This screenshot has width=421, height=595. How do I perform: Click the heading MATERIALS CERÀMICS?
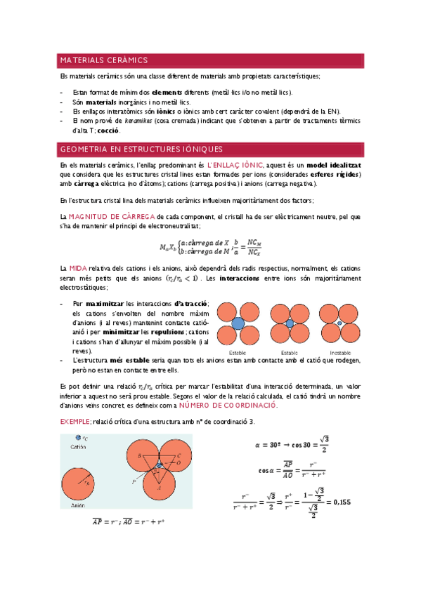click(x=103, y=60)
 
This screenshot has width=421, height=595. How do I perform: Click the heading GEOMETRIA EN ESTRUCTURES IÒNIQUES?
click(x=141, y=149)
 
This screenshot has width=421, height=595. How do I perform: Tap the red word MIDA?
click(x=77, y=269)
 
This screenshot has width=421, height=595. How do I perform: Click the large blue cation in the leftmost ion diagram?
click(x=238, y=323)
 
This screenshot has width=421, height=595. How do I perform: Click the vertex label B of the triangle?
click(x=139, y=456)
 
